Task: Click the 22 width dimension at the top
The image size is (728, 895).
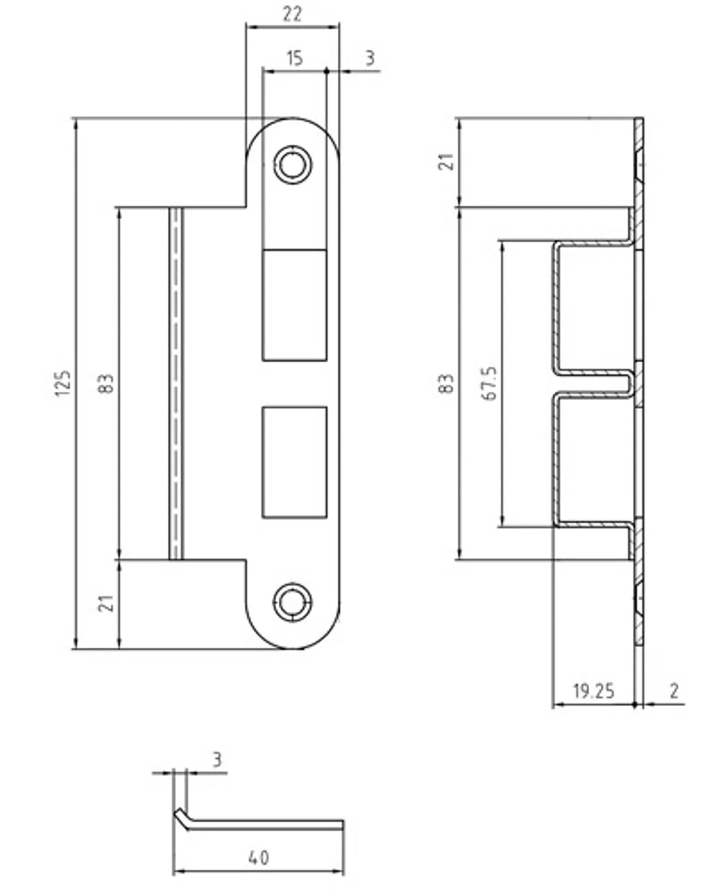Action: tap(292, 15)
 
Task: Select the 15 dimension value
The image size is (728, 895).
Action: tap(295, 59)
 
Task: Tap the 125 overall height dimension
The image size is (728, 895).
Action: tap(63, 383)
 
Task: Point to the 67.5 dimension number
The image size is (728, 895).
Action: tap(490, 383)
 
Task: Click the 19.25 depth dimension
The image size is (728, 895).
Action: tap(594, 691)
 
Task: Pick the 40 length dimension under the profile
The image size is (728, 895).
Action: tap(259, 858)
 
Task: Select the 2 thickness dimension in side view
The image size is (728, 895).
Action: tap(674, 691)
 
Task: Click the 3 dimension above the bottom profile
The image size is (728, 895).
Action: tap(217, 759)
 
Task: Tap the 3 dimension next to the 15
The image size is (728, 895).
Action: tap(370, 58)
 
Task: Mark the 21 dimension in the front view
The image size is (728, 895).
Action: tap(107, 604)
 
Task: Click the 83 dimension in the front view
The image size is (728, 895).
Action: tap(107, 383)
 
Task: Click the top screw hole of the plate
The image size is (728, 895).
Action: tap(293, 165)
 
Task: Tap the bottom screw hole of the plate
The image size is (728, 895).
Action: tap(293, 602)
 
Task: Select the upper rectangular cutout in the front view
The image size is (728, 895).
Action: tap(295, 305)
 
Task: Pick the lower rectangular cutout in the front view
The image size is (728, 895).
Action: tap(295, 462)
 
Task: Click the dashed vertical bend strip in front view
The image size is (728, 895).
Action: tap(177, 383)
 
